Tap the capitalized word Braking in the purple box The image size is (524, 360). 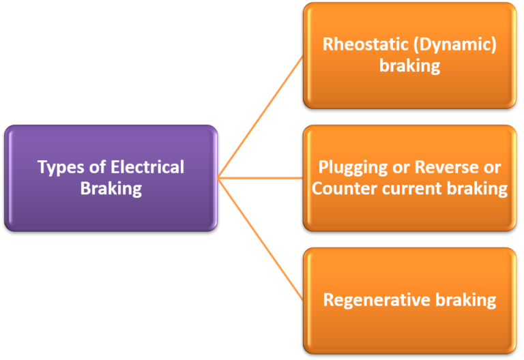pos(111,188)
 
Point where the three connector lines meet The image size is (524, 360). pos(219,178)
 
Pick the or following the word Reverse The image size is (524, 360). pos(493,167)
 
